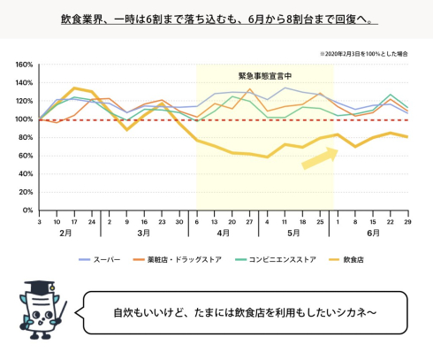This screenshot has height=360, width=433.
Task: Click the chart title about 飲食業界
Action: click(x=216, y=19)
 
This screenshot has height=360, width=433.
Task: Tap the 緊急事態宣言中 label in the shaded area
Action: click(x=265, y=76)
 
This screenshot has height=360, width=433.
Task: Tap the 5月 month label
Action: click(x=292, y=235)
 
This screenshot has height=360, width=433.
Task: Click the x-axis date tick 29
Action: click(x=407, y=221)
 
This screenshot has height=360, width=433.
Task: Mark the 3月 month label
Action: click(x=144, y=235)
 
